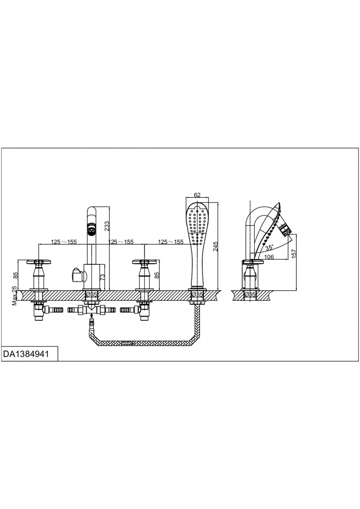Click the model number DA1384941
coord(26,354)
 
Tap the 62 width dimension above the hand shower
coord(197,195)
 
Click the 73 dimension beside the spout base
coord(103,277)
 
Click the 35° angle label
coord(270,247)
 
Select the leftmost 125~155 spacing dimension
coord(64,241)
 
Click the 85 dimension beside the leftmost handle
coord(15,276)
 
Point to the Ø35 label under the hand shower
coord(197,294)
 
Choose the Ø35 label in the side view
coord(250,294)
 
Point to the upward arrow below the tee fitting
coord(91,315)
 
